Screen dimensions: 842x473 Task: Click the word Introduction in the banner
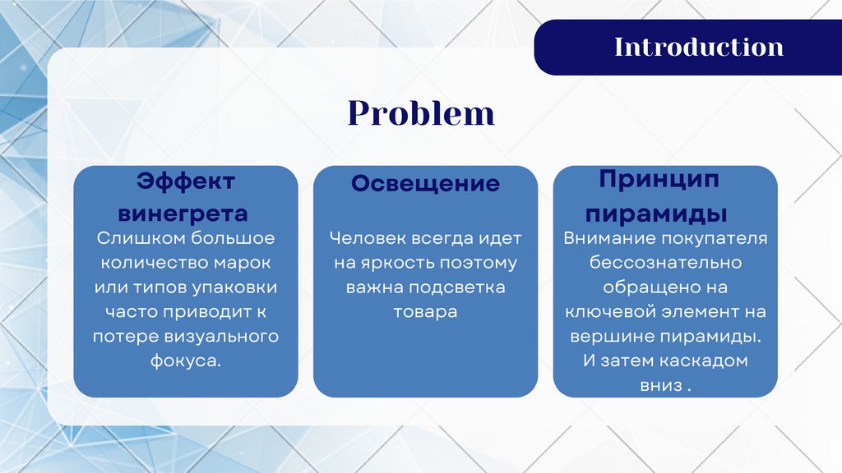pos(699,47)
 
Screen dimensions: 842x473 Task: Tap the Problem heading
pos(421,113)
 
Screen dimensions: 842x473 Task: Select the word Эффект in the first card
pos(185,181)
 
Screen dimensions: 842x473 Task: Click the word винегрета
pos(183,214)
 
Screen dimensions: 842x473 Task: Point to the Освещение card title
pos(425,184)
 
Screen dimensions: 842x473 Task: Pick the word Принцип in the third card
pos(659,180)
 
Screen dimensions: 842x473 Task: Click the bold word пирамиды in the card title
pos(655,214)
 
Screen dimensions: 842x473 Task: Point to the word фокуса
pos(185,361)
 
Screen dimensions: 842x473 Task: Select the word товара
pos(425,312)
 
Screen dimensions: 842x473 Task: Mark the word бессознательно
pos(665,263)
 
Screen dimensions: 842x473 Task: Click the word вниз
pos(660,386)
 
